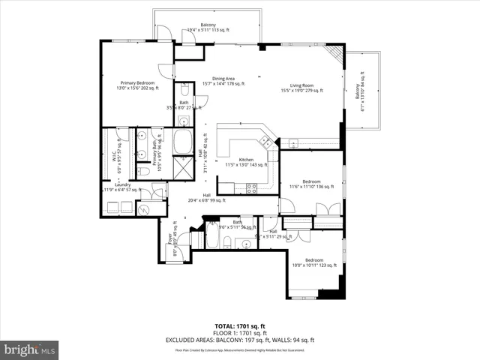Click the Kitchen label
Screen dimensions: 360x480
(247, 161)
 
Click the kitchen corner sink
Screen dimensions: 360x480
(263, 139)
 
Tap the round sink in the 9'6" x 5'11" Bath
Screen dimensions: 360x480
(245, 241)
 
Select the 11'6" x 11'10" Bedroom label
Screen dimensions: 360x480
(311, 183)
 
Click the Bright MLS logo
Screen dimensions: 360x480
(30, 349)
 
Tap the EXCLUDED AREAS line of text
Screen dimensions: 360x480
(240, 340)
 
